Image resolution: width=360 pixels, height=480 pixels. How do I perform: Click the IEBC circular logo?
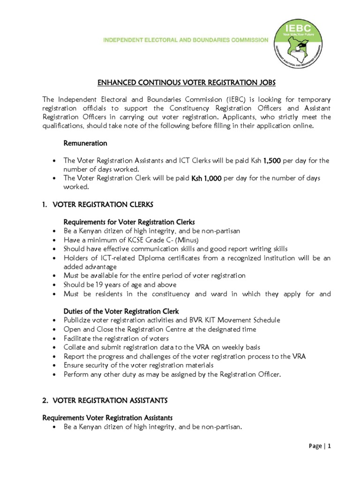301,42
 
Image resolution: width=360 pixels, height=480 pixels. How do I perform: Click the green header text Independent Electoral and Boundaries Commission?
186,40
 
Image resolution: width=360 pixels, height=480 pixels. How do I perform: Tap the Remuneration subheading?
85,143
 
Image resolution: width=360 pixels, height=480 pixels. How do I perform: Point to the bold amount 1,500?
271,161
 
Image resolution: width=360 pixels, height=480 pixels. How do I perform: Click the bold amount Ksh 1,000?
206,179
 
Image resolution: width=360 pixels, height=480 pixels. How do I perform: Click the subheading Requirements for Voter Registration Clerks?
129,222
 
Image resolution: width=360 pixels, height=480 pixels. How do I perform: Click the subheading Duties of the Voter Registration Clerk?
121,311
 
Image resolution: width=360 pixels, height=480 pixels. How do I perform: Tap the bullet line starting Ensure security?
138,365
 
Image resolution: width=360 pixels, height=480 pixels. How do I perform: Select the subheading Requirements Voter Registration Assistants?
107,418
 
